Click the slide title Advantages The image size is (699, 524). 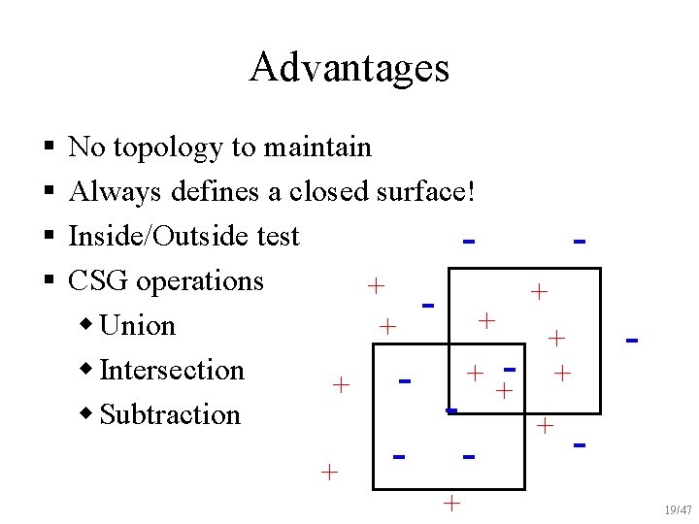click(x=349, y=68)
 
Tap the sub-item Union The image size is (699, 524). click(x=138, y=325)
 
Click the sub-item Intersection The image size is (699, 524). click(x=172, y=370)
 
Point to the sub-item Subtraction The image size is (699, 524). click(x=170, y=414)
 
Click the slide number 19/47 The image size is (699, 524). click(x=678, y=509)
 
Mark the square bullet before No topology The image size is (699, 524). click(x=48, y=148)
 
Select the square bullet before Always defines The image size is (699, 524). click(x=48, y=193)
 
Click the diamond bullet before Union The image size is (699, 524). click(x=88, y=324)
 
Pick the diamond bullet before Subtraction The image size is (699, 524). click(x=88, y=413)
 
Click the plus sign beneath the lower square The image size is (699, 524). click(x=451, y=503)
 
